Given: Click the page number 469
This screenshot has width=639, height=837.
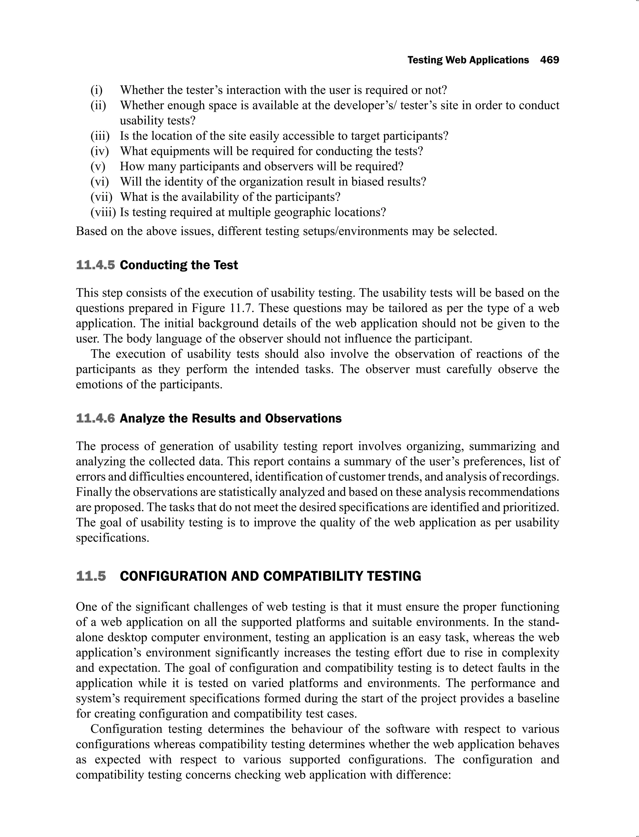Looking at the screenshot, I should (549, 60).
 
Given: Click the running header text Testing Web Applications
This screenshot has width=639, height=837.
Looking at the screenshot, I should (468, 60).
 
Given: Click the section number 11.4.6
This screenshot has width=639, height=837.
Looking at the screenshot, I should (95, 418).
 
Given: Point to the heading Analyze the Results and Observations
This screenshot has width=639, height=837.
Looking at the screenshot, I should (231, 418).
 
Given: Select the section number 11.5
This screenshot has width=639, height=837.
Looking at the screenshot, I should (91, 576).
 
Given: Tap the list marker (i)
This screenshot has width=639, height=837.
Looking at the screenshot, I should (97, 90).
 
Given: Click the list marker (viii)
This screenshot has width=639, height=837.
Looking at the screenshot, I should (103, 212).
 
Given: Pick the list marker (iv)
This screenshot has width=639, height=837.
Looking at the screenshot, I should (99, 151).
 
